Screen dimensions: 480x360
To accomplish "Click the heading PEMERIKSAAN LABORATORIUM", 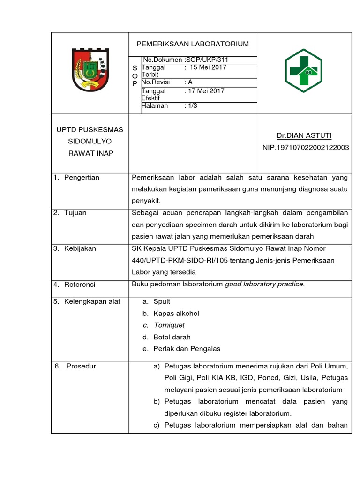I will click(192, 44).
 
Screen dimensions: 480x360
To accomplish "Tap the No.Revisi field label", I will click(156, 82).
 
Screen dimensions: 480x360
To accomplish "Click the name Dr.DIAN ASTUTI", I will click(304, 136).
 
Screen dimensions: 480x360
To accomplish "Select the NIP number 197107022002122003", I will click(305, 148).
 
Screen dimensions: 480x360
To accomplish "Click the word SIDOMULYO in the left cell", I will click(89, 141).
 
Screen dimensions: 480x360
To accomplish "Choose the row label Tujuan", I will click(75, 213).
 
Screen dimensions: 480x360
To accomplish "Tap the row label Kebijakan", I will click(80, 248).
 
